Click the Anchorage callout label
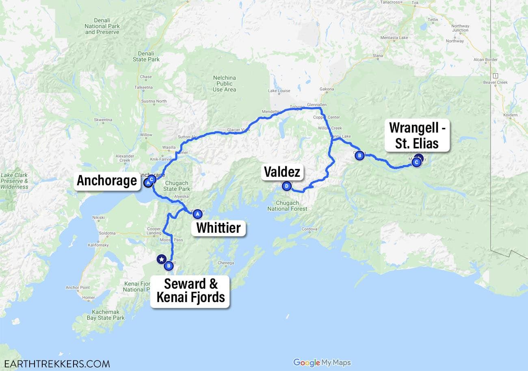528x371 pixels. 107,180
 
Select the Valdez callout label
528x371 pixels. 282,172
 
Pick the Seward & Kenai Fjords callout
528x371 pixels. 190,290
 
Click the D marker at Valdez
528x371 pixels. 287,187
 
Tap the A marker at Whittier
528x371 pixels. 197,214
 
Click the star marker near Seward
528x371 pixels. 162,259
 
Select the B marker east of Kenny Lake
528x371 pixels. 359,155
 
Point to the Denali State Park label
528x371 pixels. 146,56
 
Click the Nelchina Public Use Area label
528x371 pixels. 224,84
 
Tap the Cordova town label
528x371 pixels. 309,229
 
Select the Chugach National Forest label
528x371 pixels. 287,206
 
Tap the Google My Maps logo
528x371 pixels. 322,362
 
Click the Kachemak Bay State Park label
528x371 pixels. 106,315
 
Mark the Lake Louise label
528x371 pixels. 279,91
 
